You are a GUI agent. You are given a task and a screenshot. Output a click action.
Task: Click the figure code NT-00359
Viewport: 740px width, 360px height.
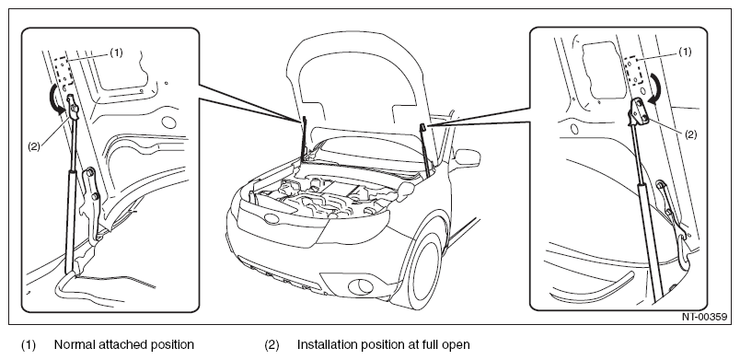[x=704, y=317]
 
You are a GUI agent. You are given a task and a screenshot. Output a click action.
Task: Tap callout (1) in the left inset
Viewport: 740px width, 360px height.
[x=116, y=52]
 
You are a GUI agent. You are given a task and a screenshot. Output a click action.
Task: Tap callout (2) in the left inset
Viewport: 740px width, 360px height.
[x=34, y=146]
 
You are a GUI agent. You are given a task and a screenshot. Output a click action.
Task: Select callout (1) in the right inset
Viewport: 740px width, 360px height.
[x=685, y=52]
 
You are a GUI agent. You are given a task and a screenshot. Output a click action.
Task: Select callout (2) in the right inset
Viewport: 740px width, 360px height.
[x=690, y=134]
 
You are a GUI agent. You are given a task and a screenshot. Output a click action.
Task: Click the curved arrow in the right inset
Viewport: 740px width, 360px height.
[x=653, y=87]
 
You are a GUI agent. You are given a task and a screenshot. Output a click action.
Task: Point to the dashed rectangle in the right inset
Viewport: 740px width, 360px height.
[x=632, y=71]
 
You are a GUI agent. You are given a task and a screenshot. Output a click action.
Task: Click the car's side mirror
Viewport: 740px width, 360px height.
[x=468, y=158]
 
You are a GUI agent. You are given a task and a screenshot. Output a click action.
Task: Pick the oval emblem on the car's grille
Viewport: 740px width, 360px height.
[x=272, y=218]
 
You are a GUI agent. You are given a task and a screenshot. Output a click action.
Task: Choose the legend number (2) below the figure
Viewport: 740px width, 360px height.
[x=272, y=345]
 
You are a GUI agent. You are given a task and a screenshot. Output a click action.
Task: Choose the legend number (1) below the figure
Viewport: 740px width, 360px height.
[x=29, y=345]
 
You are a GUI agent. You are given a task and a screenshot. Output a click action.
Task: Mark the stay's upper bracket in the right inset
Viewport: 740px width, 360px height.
[x=640, y=111]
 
